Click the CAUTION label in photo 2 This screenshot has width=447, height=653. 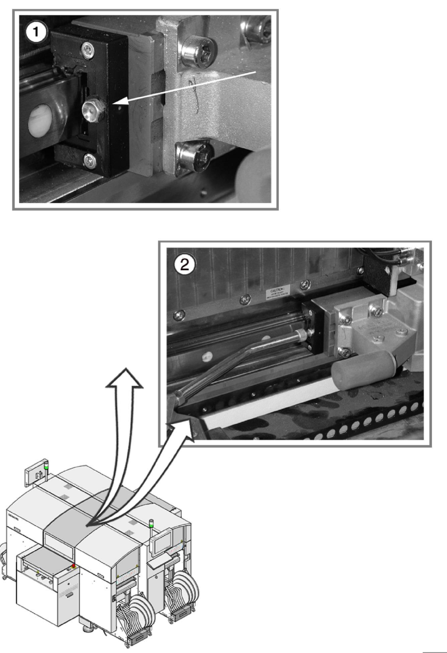pyautogui.click(x=277, y=291)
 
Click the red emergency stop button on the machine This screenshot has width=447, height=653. pyautogui.click(x=74, y=566)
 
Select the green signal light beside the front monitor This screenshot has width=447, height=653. pyautogui.click(x=151, y=522)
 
